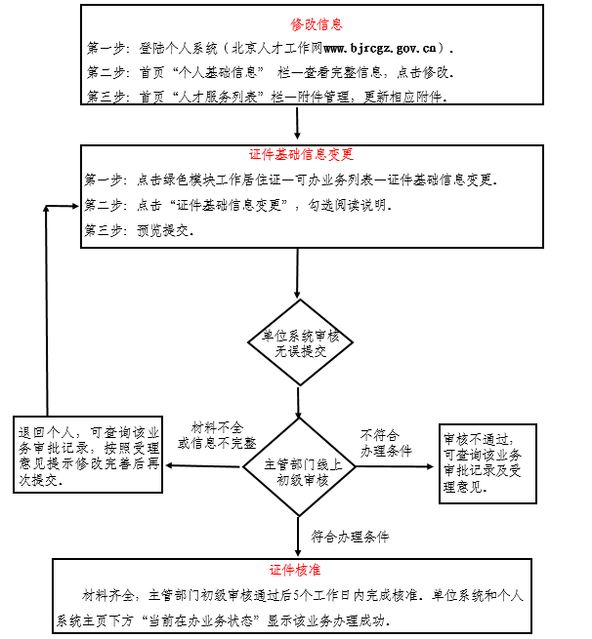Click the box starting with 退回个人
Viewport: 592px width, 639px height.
pos(89,457)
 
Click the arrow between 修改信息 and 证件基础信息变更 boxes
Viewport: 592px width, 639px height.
pos(297,124)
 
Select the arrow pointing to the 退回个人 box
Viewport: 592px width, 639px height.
pos(205,466)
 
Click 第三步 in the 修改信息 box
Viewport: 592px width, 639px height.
pos(106,96)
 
